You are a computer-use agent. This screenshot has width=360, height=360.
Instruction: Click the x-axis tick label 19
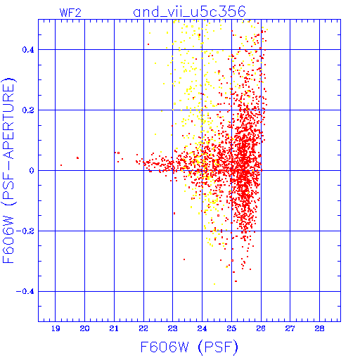pos(56,328)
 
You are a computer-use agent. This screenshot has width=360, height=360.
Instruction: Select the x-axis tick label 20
pos(84,328)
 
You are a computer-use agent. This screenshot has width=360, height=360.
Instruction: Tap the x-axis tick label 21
pos(114,328)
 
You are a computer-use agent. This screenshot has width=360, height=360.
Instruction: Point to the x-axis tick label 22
pos(143,328)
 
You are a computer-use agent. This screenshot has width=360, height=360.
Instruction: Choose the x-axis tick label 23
pos(173,328)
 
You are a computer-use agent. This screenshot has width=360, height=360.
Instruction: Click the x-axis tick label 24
pos(202,328)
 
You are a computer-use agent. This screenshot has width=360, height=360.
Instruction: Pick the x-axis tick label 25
pos(231,328)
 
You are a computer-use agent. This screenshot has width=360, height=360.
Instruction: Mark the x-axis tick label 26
pos(261,328)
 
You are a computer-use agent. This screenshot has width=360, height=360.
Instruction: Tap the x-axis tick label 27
pos(290,328)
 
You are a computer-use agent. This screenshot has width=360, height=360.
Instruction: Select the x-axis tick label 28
pos(319,328)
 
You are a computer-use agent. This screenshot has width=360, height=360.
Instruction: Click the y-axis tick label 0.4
pos(28,50)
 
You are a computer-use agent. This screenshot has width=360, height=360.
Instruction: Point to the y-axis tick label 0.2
pos(28,110)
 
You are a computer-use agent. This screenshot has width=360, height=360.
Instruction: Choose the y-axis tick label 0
pos(32,171)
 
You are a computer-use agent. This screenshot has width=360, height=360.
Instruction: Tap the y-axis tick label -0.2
pos(25,231)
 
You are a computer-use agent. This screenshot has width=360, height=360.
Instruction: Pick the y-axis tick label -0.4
pos(25,292)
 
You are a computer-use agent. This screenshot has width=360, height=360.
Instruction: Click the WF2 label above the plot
pos(70,13)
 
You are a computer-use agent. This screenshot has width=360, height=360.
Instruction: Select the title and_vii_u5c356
pos(189,12)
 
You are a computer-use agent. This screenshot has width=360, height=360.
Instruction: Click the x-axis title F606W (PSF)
pos(189,347)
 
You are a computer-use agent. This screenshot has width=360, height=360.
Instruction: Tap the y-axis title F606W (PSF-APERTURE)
pos(9,171)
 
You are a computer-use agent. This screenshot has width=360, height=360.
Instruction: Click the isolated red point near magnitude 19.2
pos(61,165)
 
